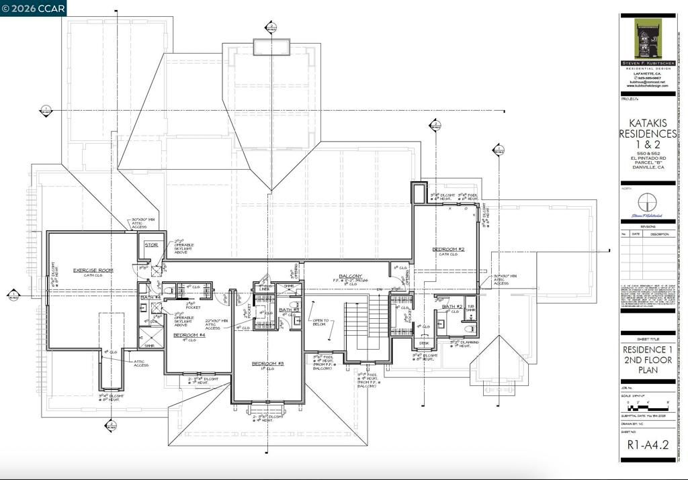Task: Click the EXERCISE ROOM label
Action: pos(93,270)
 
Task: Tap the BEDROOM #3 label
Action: pos(268,363)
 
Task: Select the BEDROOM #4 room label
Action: pos(188,334)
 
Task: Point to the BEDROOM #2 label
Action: pos(448,249)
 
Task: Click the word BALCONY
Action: pos(351,276)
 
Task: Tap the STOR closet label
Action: pos(152,245)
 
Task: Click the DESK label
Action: pos(423,342)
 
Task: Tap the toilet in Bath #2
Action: pos(471,328)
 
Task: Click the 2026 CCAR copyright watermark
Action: pos(34,8)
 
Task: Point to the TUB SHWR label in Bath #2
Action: pos(470,309)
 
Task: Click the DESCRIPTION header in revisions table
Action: pos(659,234)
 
